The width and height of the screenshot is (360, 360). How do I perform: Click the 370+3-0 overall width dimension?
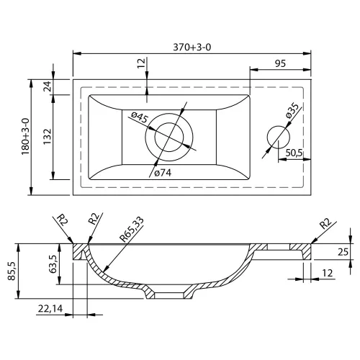click(x=192, y=48)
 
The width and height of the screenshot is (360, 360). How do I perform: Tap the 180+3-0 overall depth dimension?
click(x=25, y=137)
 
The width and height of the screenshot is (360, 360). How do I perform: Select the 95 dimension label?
click(x=280, y=63)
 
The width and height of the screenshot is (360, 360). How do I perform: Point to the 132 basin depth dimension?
click(x=48, y=137)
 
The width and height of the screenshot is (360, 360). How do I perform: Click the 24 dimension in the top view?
click(x=48, y=86)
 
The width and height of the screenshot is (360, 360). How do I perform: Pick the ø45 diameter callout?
click(x=140, y=117)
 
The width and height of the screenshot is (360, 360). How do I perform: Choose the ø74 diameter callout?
click(x=163, y=173)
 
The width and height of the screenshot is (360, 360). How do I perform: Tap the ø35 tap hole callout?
click(x=292, y=111)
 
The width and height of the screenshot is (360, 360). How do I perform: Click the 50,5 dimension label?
click(x=294, y=153)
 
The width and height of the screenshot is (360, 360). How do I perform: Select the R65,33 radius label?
click(x=132, y=229)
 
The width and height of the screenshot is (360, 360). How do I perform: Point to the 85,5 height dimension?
click(x=12, y=271)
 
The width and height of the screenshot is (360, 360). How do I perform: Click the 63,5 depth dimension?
click(x=53, y=264)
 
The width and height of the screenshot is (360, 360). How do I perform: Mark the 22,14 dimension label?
click(x=50, y=309)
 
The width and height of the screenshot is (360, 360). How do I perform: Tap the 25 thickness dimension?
click(x=343, y=252)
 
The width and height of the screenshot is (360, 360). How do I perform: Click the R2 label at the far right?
click(x=325, y=224)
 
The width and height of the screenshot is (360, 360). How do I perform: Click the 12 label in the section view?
click(x=328, y=273)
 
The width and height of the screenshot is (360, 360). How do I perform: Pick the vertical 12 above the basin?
click(x=142, y=63)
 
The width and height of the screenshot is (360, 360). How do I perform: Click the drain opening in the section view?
click(x=169, y=295)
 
